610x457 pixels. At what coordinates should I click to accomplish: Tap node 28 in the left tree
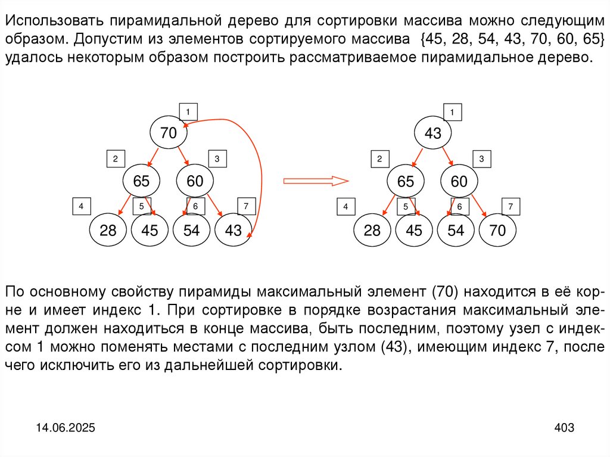108,231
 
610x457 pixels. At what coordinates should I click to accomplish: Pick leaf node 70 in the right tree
498,231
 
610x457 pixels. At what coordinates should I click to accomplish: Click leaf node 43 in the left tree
234,231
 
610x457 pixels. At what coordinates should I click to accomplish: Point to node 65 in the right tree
406,182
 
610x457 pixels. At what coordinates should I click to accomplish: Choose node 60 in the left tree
195,182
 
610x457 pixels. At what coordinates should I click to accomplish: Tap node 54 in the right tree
456,231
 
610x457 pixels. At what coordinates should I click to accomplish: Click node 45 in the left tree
150,231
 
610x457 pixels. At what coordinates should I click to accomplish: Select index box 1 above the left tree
188,111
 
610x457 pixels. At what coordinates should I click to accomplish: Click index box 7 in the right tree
510,207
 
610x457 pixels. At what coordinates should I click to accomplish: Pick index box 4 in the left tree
80,207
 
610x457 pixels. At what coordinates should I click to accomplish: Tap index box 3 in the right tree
481,159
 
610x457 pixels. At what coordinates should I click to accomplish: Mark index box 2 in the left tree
115,159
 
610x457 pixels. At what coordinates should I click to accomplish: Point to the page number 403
564,428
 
